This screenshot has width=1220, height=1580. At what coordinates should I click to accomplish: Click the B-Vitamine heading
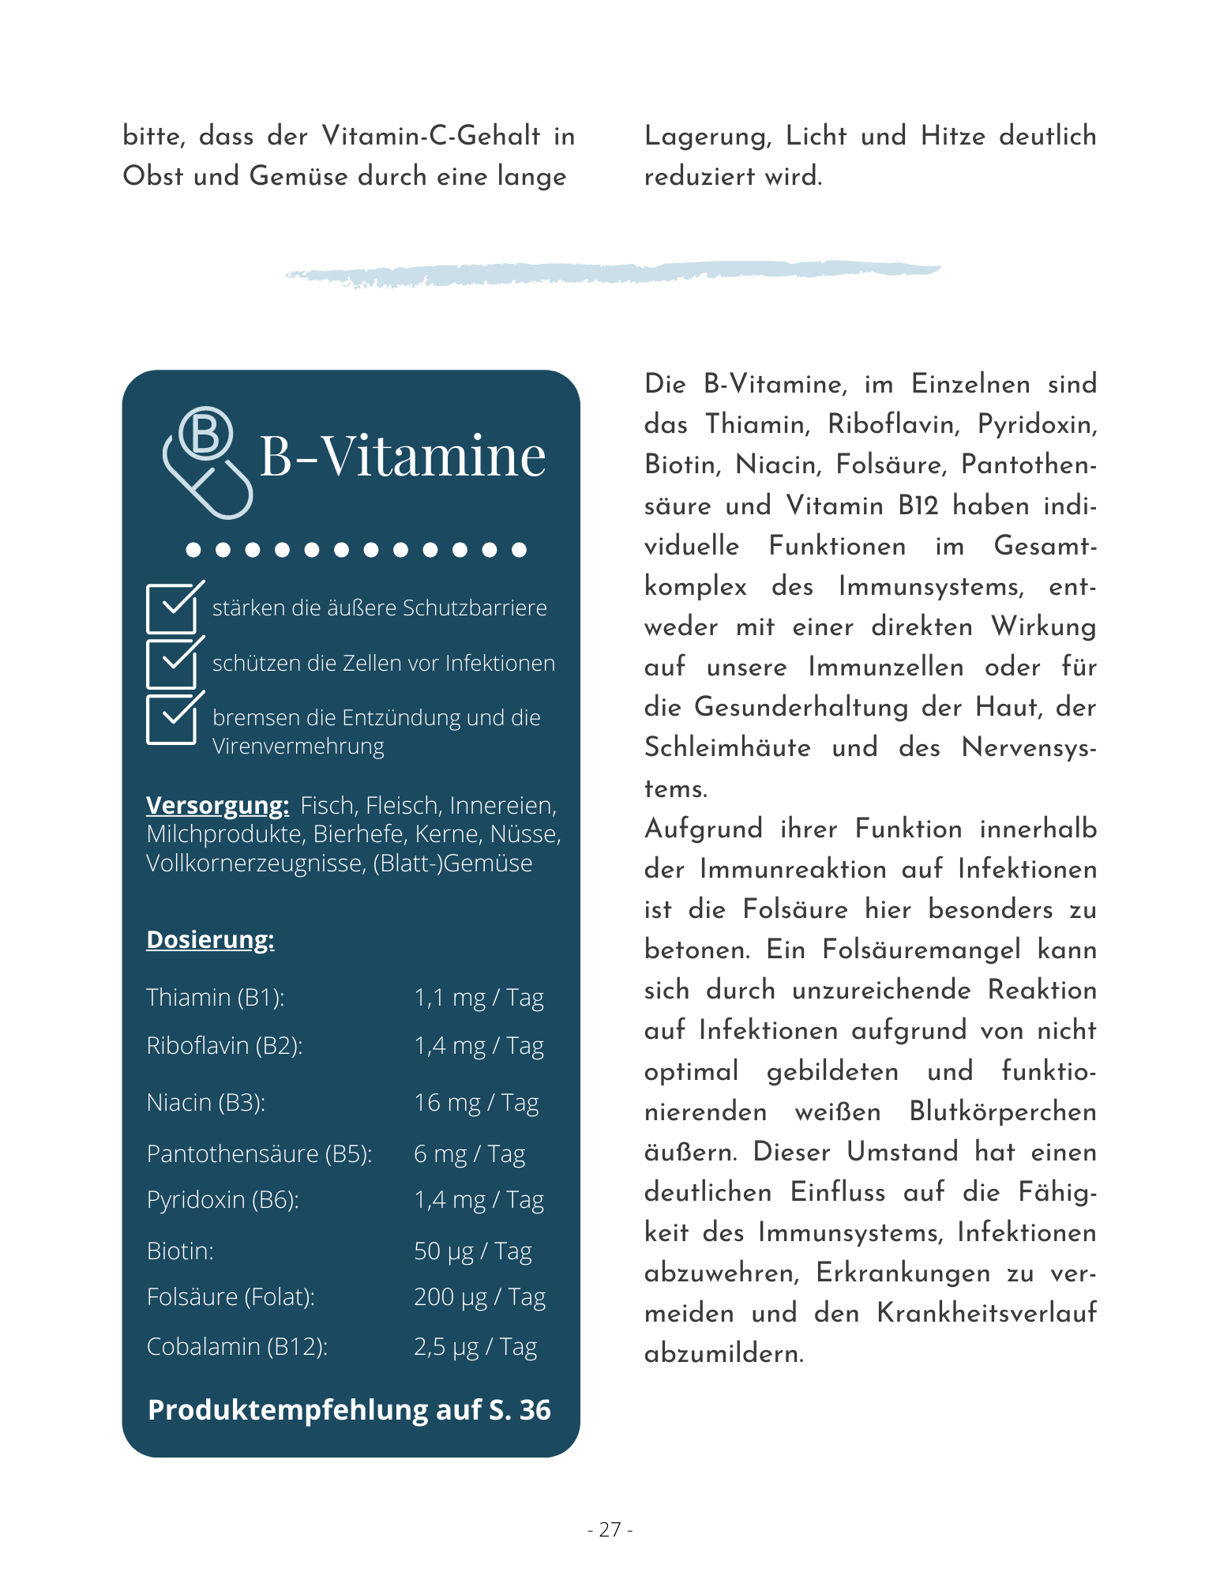coord(402,457)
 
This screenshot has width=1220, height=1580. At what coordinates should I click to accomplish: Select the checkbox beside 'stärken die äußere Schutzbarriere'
coord(171,608)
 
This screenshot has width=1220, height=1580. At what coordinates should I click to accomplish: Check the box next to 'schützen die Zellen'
coord(171,663)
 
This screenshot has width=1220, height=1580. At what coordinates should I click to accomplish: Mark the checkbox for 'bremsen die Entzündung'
coord(171,718)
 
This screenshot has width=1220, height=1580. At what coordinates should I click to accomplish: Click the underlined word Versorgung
coord(217,805)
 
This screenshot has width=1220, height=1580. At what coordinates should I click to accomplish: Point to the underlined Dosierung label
coord(210,939)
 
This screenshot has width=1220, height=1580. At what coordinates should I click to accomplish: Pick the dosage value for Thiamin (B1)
coord(479,998)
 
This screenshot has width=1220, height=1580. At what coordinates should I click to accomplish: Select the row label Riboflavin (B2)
coord(224,1046)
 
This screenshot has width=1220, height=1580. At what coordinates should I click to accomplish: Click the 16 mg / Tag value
coord(476,1103)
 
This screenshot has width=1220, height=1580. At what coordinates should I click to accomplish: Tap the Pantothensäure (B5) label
coord(259,1154)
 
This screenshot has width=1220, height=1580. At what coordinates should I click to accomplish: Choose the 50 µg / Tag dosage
coord(472,1251)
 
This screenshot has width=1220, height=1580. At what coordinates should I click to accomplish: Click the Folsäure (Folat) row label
coord(231,1297)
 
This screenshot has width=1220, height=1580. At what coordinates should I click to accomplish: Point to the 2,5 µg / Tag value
coord(475,1347)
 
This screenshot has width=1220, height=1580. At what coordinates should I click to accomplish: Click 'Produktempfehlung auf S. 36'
coord(349,1410)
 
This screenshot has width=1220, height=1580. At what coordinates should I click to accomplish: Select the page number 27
coord(610,1530)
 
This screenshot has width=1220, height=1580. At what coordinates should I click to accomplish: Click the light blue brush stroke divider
coord(612,273)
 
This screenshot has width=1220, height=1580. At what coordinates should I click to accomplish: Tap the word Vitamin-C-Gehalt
coord(431,136)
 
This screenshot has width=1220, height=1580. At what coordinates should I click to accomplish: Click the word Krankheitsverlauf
coord(986,1313)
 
